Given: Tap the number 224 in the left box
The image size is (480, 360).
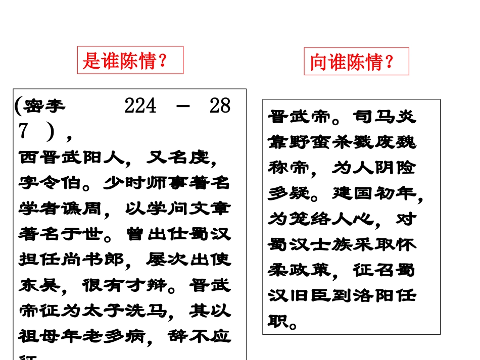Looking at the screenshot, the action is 140,107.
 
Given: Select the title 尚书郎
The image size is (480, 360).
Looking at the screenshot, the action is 97,260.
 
